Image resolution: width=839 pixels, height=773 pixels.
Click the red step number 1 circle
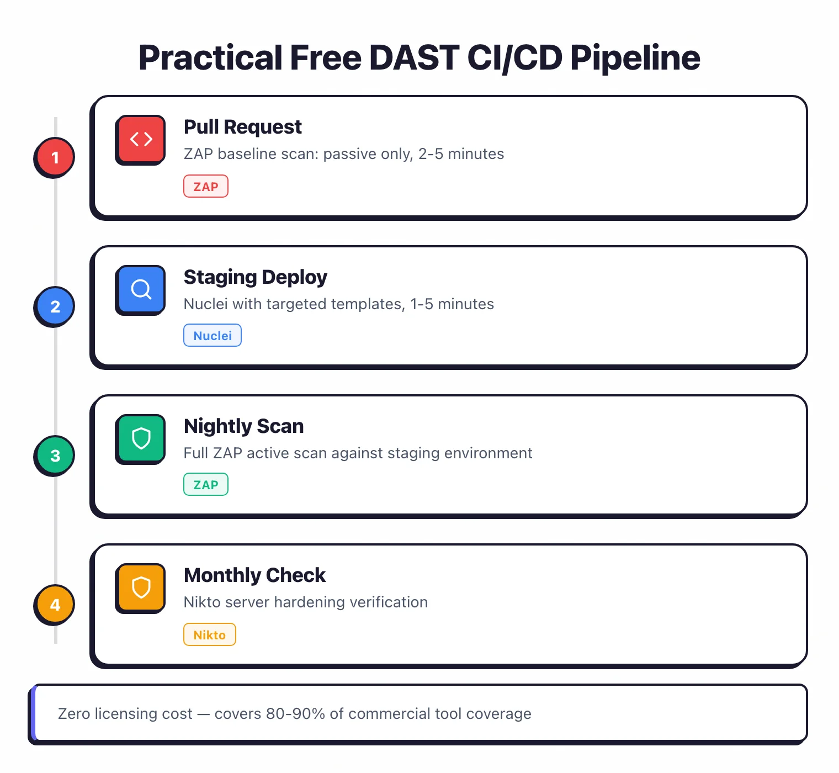click(55, 157)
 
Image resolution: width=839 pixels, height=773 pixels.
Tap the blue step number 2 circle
click(55, 306)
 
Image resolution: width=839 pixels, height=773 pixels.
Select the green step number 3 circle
click(55, 456)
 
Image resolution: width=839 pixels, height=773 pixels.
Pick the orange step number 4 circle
click(55, 605)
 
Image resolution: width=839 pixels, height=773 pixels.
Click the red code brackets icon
click(141, 139)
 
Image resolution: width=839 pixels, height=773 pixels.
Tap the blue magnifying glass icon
click(141, 289)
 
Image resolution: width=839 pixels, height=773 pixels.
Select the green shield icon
click(141, 438)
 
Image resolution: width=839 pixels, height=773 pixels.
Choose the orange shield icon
click(141, 587)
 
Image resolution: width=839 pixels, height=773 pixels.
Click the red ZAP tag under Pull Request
click(206, 187)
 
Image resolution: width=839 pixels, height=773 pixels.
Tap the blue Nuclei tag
click(213, 336)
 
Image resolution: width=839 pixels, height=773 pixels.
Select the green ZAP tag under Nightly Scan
click(206, 485)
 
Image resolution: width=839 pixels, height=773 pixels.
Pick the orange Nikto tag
click(210, 634)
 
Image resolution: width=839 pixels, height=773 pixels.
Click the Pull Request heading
click(242, 127)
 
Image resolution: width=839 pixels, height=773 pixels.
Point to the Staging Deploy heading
click(255, 277)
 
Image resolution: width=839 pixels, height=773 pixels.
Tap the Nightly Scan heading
click(243, 426)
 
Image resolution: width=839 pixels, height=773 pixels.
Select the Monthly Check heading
click(254, 575)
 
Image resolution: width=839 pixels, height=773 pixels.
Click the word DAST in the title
click(413, 58)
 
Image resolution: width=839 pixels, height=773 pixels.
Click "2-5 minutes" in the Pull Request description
click(461, 154)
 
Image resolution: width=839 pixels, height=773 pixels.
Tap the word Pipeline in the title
click(635, 58)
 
